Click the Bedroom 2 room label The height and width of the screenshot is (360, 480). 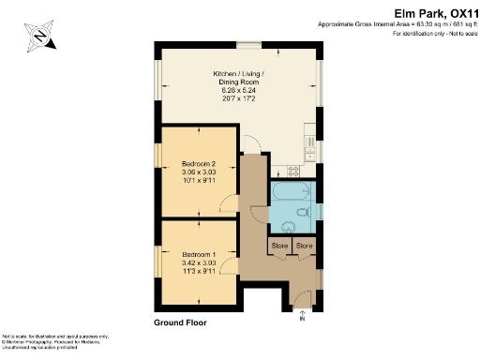coord(198,164)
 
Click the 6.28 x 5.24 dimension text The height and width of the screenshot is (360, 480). coord(239,91)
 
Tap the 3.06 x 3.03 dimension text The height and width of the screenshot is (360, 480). coord(198,172)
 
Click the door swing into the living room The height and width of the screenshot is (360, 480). coord(249,143)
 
